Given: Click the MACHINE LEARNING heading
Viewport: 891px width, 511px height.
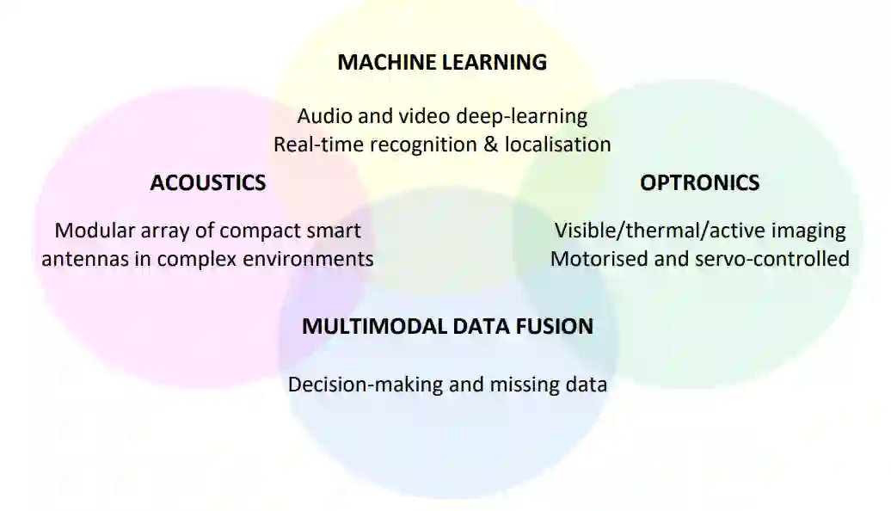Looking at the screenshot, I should [x=442, y=62].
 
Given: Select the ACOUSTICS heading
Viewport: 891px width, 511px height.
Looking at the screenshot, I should [x=207, y=182].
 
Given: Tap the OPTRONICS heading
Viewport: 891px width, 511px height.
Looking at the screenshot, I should [x=699, y=182].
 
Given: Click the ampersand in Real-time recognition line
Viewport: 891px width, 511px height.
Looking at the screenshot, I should [x=490, y=144].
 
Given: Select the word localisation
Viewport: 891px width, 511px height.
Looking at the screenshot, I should [x=557, y=144].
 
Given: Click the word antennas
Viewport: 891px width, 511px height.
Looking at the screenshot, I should [x=83, y=259].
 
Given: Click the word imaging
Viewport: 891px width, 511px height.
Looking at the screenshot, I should [x=813, y=231].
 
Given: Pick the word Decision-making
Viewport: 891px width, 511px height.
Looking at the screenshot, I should [x=365, y=385].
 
